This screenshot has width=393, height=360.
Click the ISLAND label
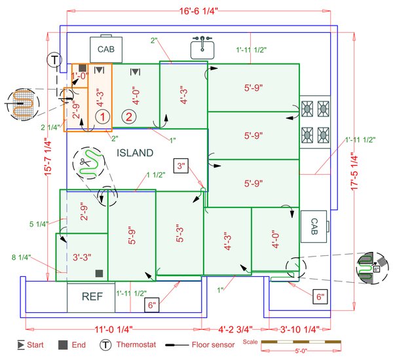[x=135, y=153]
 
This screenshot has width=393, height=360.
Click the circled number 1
[x=102, y=117]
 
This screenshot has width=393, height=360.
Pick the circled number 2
[x=130, y=117]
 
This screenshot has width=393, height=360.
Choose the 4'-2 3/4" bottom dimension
[x=233, y=330]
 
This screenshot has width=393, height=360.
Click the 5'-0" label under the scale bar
[x=305, y=351]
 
